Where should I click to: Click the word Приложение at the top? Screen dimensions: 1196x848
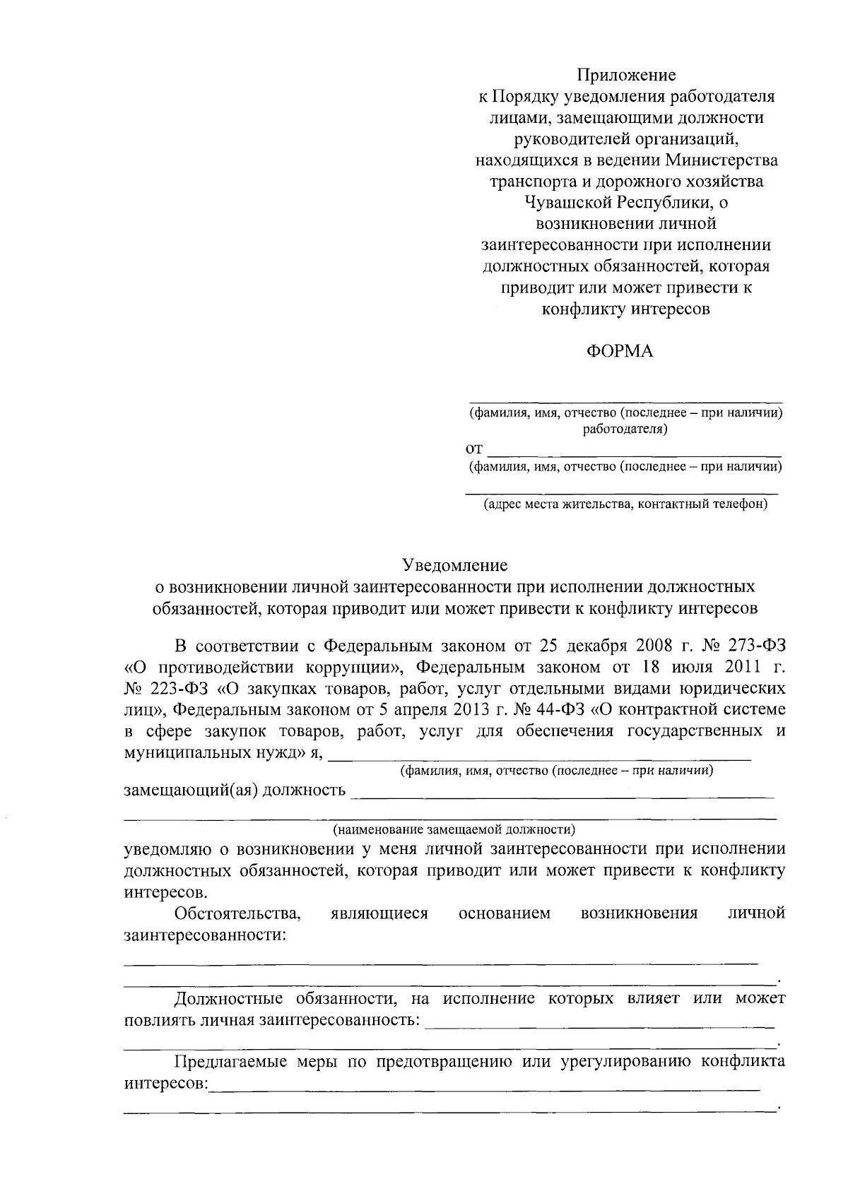(x=625, y=75)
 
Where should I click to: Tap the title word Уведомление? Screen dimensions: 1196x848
(x=455, y=565)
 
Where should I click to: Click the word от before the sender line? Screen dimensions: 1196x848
(x=474, y=449)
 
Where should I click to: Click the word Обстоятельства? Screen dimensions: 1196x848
(x=238, y=913)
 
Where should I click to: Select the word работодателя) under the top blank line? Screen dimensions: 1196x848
(x=625, y=429)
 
